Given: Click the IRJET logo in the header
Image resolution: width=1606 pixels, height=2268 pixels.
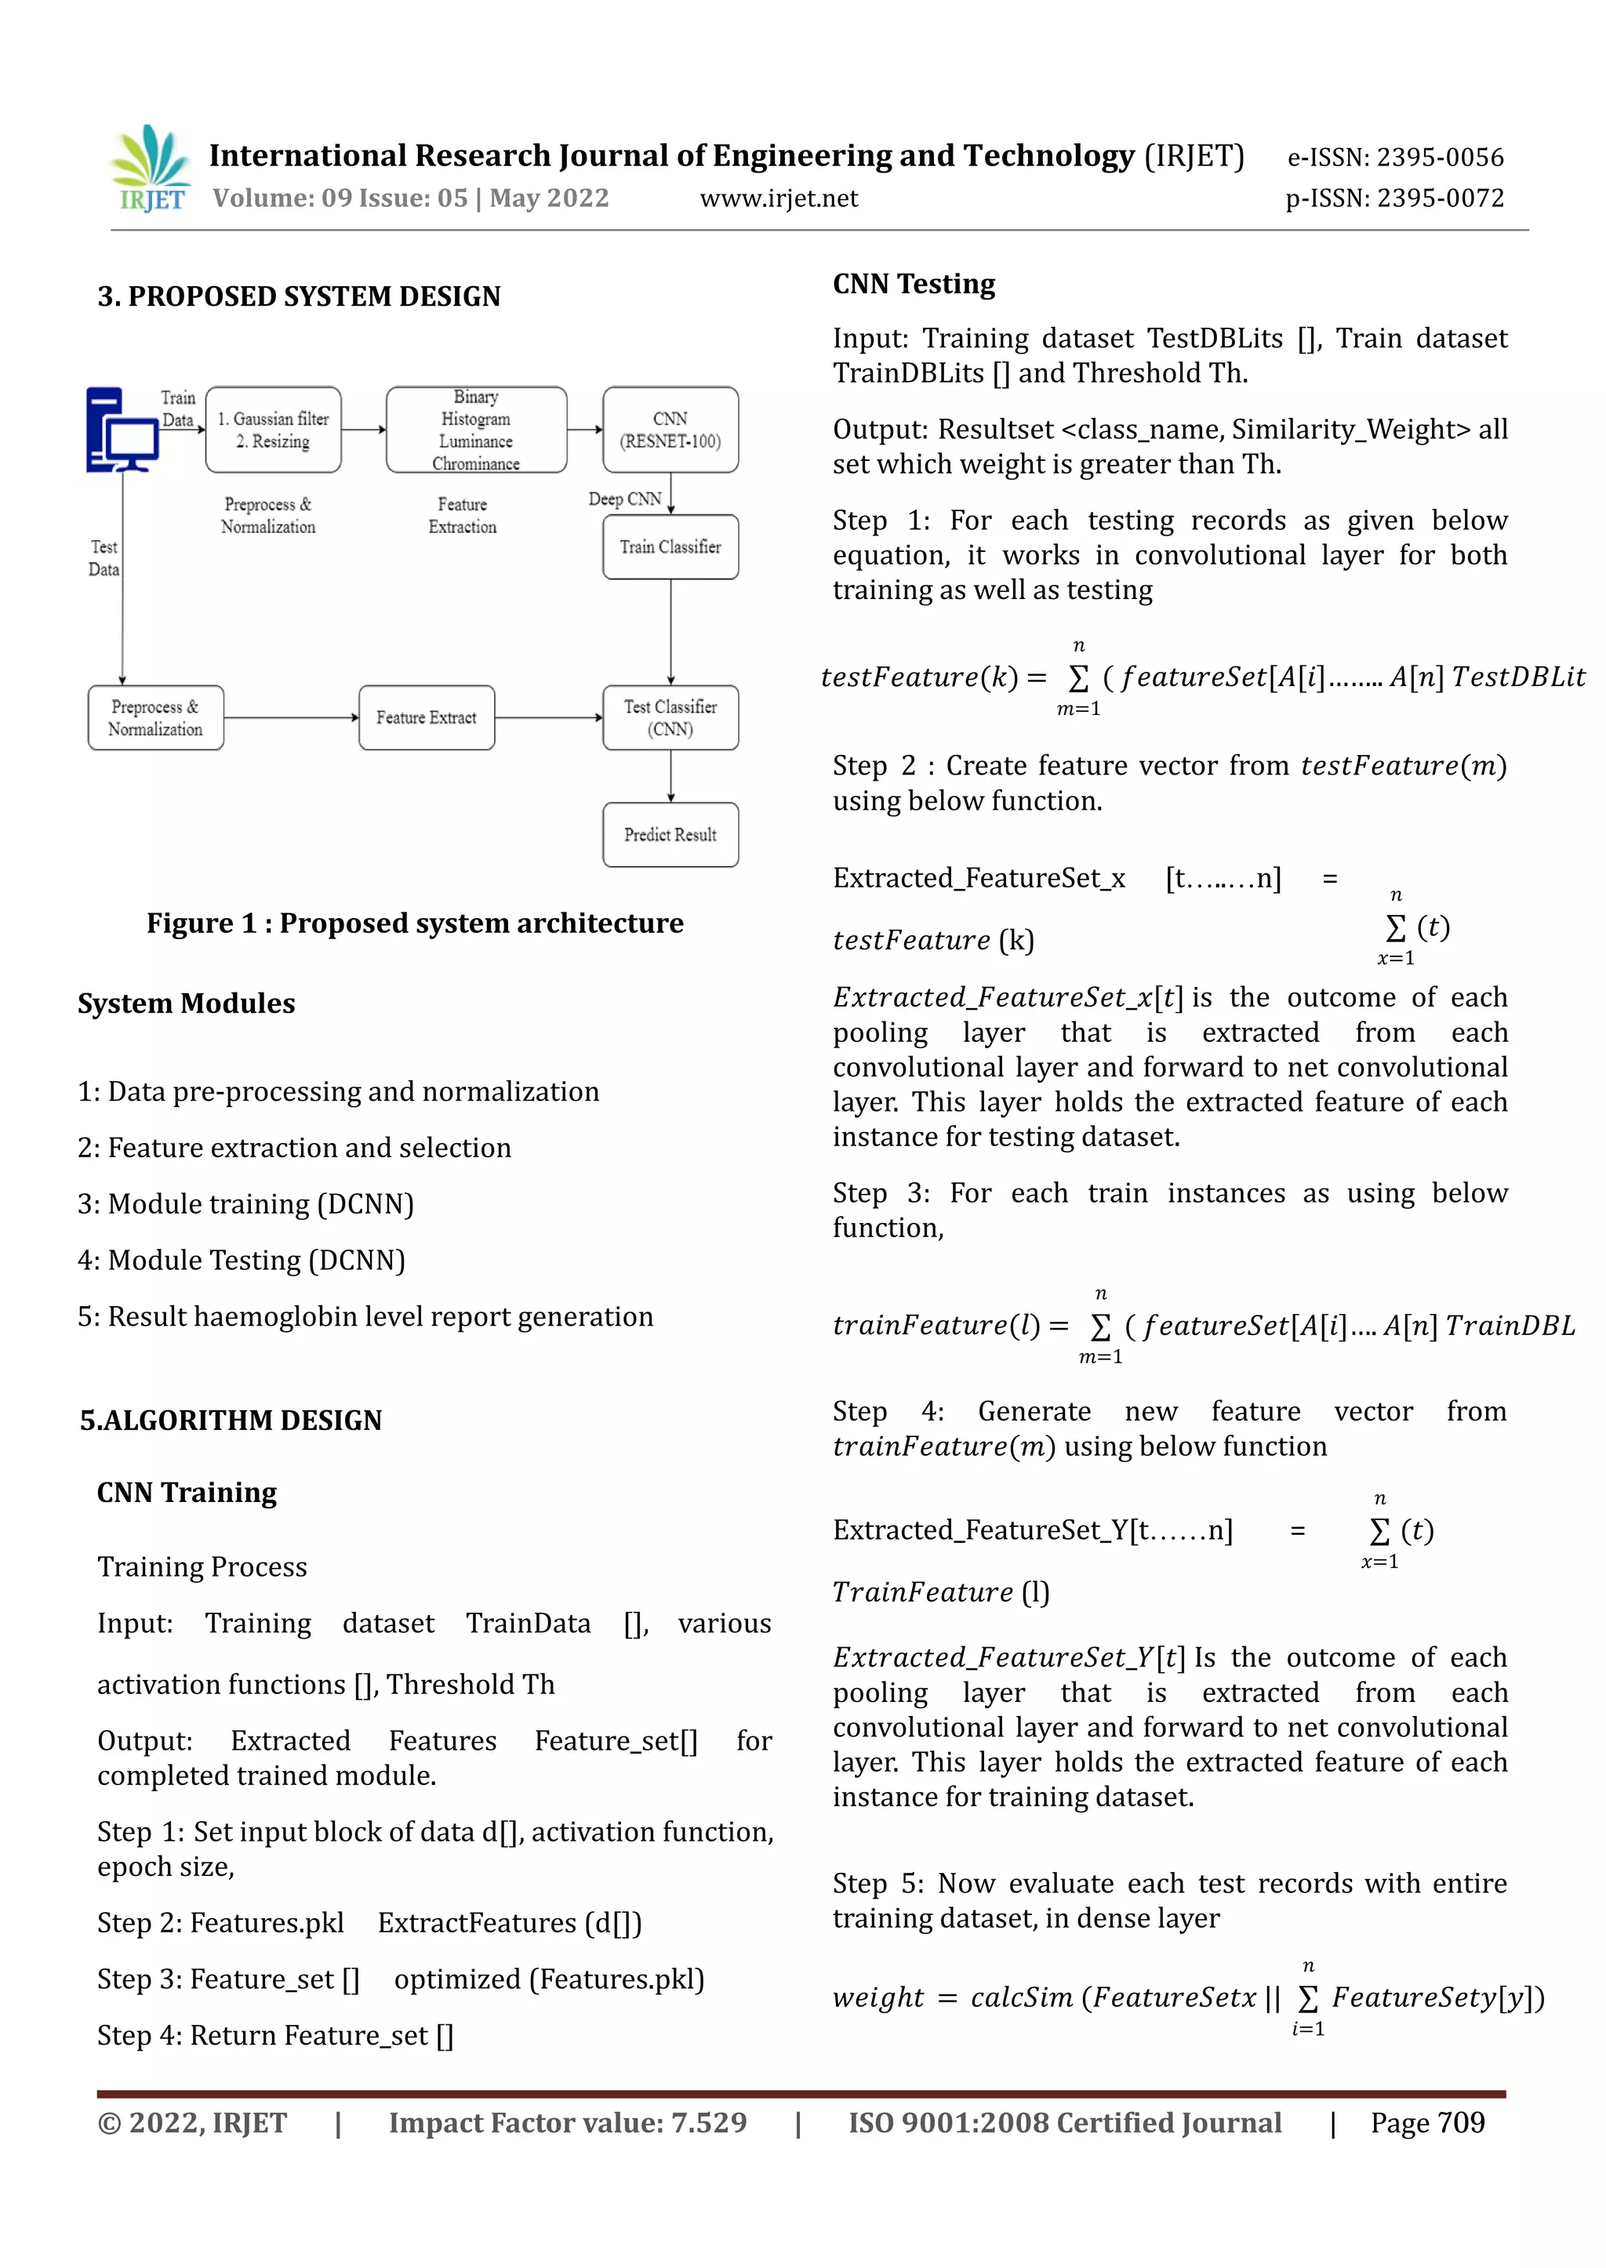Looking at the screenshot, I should click(x=151, y=168).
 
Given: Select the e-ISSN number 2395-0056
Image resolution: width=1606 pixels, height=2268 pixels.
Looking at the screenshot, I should click(x=1440, y=158).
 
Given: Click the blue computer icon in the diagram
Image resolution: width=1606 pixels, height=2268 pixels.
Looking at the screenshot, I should click(x=122, y=430).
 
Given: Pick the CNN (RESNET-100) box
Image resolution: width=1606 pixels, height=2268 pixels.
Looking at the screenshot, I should click(x=670, y=430).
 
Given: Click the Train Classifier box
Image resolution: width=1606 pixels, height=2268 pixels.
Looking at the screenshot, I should click(x=670, y=546).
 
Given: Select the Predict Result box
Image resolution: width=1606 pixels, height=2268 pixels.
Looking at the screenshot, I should click(x=670, y=834).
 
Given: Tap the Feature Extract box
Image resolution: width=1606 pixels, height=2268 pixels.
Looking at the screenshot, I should click(x=427, y=718).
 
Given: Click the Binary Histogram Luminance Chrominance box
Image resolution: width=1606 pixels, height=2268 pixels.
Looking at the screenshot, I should click(x=476, y=430).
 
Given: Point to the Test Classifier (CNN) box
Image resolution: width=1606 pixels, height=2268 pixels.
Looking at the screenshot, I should click(x=670, y=718).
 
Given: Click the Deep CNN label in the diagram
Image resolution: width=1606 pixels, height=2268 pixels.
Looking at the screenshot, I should click(x=624, y=499).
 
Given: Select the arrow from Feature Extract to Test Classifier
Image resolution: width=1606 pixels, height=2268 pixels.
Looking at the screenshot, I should click(x=548, y=718).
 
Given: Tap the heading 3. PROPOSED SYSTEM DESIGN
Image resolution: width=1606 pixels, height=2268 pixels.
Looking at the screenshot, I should click(x=299, y=296).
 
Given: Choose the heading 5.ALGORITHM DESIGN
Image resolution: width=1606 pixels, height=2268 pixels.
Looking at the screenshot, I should click(x=231, y=1420).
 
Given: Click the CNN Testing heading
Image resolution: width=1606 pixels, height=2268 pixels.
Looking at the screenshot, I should click(x=913, y=284).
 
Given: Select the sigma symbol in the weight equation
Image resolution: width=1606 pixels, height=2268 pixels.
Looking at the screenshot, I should click(x=1307, y=1999).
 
